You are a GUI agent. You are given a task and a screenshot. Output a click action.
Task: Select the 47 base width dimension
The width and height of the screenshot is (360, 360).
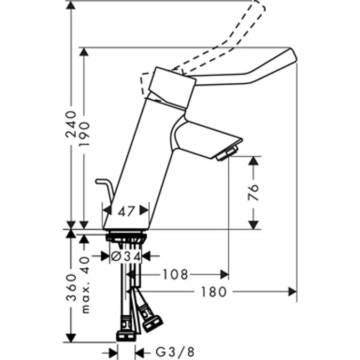click(126, 211)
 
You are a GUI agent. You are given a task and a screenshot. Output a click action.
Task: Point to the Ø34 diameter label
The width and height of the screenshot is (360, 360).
click(125, 257)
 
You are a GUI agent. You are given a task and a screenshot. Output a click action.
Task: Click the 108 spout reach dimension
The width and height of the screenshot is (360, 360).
click(175, 275)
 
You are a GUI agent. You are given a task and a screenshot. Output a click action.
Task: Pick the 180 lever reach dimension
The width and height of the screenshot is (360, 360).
click(214, 292)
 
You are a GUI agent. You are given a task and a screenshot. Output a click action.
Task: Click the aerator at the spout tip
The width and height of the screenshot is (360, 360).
click(227, 154)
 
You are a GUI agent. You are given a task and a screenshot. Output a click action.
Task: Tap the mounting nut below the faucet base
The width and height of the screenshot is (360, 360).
click(126, 237)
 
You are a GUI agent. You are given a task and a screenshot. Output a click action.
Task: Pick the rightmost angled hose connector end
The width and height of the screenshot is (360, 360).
click(155, 322)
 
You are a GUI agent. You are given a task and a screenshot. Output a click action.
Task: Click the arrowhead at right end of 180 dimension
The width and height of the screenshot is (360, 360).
click(293, 292)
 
